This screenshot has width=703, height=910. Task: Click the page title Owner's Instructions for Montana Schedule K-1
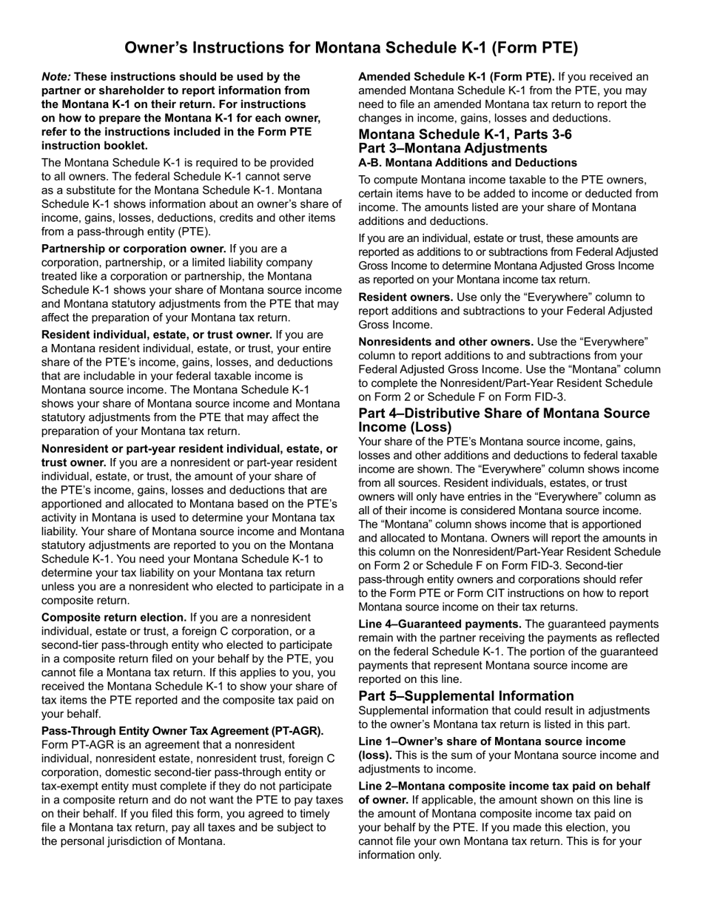(351, 48)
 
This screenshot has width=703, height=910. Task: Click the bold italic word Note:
(56, 76)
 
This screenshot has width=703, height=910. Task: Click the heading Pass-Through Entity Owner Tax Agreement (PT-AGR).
(182, 731)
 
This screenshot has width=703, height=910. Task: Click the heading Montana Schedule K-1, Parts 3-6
(465, 134)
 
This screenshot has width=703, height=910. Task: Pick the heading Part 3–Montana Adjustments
(453, 148)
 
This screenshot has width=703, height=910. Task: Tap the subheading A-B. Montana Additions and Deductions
(468, 162)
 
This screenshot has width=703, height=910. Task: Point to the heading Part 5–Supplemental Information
(466, 696)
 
